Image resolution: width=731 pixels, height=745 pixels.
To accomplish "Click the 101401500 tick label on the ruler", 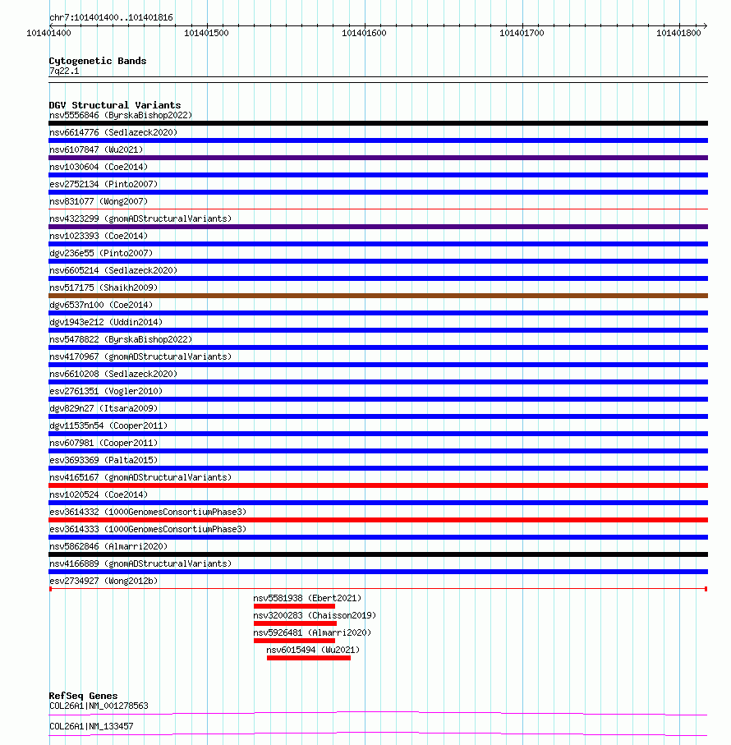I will coord(207,33).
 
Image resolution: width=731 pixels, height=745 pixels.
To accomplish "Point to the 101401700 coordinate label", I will coord(522,33).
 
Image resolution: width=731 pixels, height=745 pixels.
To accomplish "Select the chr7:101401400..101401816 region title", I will coord(111,17).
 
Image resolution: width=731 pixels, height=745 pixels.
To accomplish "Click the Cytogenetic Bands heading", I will coord(98,61).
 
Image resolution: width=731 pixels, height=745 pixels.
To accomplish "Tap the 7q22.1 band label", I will coord(64,71).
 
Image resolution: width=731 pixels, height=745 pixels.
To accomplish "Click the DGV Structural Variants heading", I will coord(114,105).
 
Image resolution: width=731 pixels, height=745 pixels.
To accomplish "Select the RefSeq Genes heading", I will coord(83,696).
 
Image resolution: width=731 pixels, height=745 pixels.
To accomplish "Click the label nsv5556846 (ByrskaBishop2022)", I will coord(121,115).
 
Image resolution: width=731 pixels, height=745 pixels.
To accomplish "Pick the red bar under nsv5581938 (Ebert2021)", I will coord(294,606).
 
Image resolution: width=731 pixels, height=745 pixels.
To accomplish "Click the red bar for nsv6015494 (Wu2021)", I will coord(309,658).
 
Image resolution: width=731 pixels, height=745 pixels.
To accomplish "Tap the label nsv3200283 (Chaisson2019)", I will coord(315,615).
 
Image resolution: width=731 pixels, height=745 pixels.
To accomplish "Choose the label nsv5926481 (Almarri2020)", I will coord(312,632).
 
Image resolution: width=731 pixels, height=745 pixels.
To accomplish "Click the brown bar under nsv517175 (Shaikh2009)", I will coord(378,296).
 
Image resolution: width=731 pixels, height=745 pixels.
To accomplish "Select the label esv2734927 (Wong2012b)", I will coord(103,581).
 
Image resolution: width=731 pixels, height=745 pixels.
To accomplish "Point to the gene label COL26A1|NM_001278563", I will coord(99,706).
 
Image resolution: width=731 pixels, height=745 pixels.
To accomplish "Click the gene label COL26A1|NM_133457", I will coord(91,726).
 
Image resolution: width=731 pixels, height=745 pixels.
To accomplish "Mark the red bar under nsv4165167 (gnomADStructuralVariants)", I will coord(378,485).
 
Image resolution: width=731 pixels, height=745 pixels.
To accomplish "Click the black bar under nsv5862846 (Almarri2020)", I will coord(378,554).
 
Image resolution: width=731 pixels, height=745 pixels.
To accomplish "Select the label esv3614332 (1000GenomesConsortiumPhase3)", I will coord(148,512).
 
